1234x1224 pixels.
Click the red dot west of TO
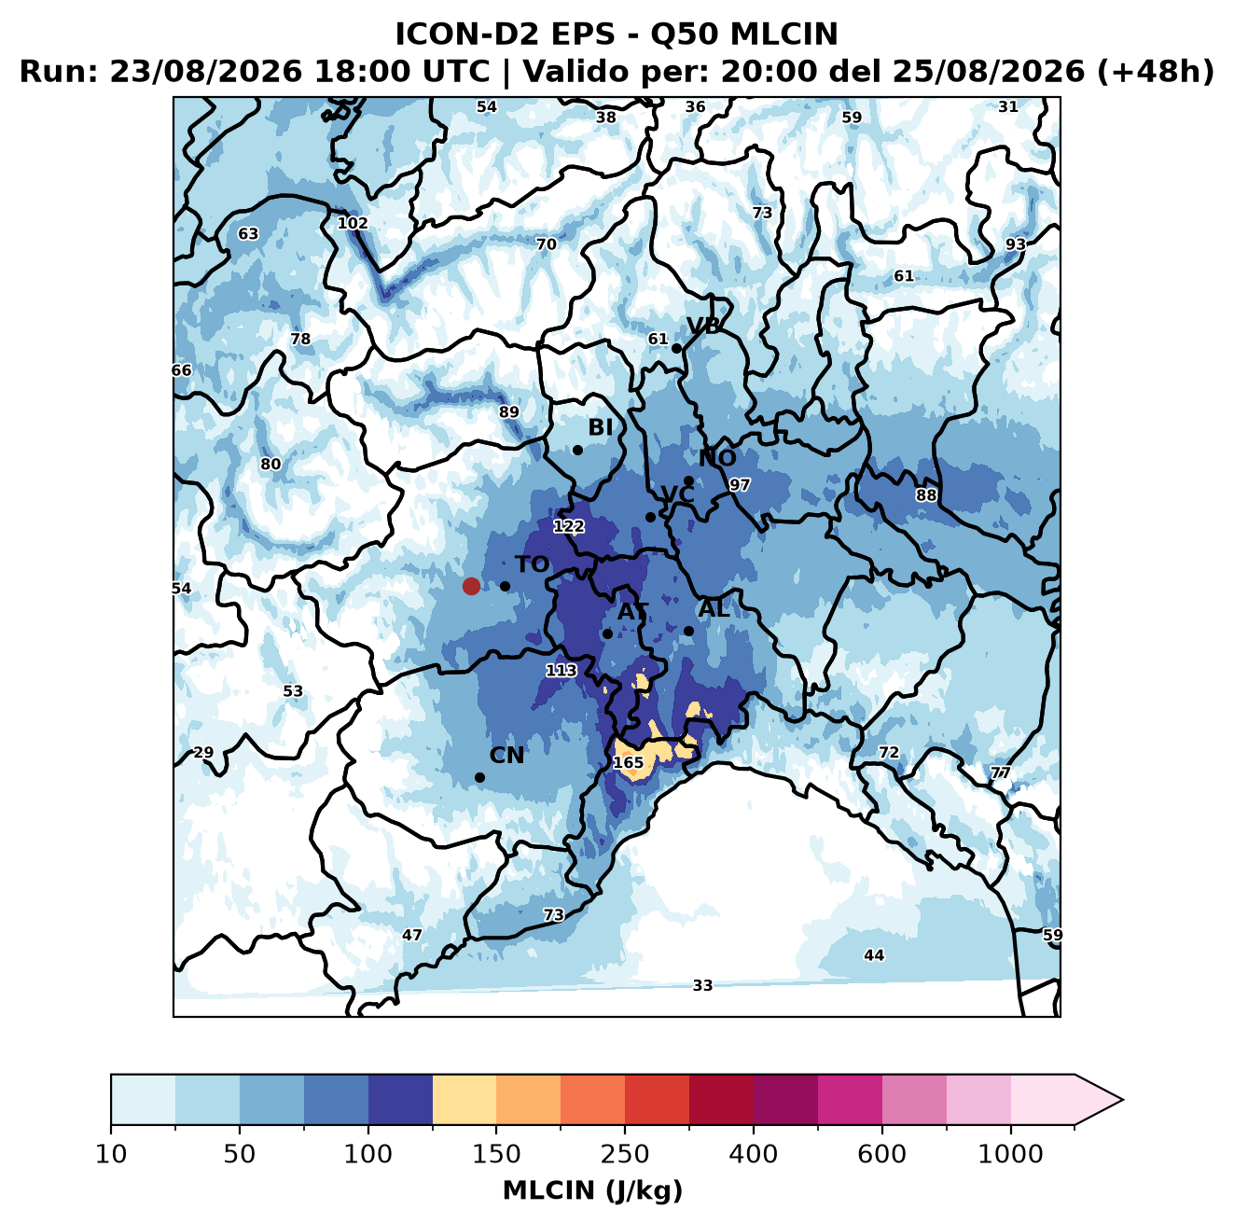(x=471, y=586)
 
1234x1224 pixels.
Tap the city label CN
(x=506, y=756)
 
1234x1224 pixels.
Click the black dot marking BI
(x=577, y=450)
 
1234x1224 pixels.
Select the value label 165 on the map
(x=628, y=762)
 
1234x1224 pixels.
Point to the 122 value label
(x=568, y=526)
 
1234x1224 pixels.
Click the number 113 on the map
(x=561, y=671)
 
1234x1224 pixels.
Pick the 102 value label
(x=353, y=223)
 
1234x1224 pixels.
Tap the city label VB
(x=703, y=326)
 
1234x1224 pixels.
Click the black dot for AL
(x=688, y=631)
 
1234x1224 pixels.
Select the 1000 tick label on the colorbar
(x=1010, y=1154)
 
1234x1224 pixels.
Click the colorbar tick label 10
(x=111, y=1154)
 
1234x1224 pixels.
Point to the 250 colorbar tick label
(x=624, y=1154)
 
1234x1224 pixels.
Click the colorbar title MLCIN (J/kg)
(x=592, y=1190)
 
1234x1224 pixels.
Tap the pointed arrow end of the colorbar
(x=1122, y=1100)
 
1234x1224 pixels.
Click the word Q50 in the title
(x=680, y=35)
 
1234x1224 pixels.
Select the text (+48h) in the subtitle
(x=1156, y=72)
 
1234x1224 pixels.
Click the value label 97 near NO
(x=739, y=485)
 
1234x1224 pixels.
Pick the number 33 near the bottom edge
(x=702, y=985)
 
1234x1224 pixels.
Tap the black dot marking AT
(x=607, y=633)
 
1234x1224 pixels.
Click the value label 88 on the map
(x=926, y=495)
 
